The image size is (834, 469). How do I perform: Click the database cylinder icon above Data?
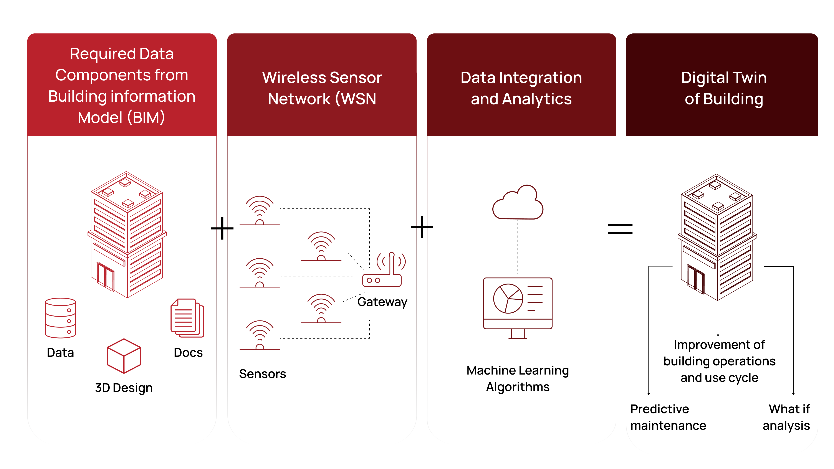pos(61,318)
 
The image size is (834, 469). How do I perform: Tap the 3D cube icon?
pos(124,356)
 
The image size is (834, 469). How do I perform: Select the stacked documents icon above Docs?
pos(187,318)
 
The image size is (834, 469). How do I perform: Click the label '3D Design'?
pos(124,388)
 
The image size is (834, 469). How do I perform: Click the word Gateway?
pos(382,302)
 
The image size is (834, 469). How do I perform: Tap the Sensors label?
pos(263,374)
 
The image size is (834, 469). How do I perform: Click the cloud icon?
pos(518,202)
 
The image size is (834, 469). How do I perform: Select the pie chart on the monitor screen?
pos(508,298)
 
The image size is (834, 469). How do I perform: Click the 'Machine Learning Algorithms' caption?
pos(518,379)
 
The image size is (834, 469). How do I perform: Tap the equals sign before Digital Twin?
pos(620,229)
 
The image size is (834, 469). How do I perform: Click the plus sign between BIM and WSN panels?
pos(222,228)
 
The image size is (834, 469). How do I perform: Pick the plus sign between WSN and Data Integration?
pos(422,227)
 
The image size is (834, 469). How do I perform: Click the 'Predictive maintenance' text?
pos(668,417)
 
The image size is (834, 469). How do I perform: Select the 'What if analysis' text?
pos(786,417)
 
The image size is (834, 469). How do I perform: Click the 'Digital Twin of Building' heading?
pos(724,88)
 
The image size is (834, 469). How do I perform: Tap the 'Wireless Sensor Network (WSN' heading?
pos(322,88)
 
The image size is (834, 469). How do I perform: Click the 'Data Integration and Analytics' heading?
pos(521,88)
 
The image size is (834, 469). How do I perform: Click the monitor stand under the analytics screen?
pos(518,334)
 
